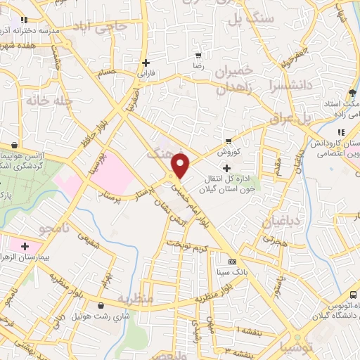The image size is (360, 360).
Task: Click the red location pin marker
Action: (x=181, y=167)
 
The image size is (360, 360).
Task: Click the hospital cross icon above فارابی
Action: (x=146, y=63)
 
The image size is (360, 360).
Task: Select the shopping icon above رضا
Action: (x=199, y=56)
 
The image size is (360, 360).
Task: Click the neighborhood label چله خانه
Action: (x=49, y=101)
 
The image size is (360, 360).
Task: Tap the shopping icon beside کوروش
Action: (x=228, y=141)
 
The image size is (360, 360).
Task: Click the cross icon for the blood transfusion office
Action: (x=226, y=168)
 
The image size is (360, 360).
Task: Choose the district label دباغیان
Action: (x=281, y=223)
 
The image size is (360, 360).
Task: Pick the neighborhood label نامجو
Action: (x=53, y=229)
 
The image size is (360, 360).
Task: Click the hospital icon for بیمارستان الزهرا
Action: (x=25, y=247)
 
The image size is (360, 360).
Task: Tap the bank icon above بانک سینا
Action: (x=233, y=262)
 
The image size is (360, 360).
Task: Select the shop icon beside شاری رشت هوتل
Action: (x=103, y=306)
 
